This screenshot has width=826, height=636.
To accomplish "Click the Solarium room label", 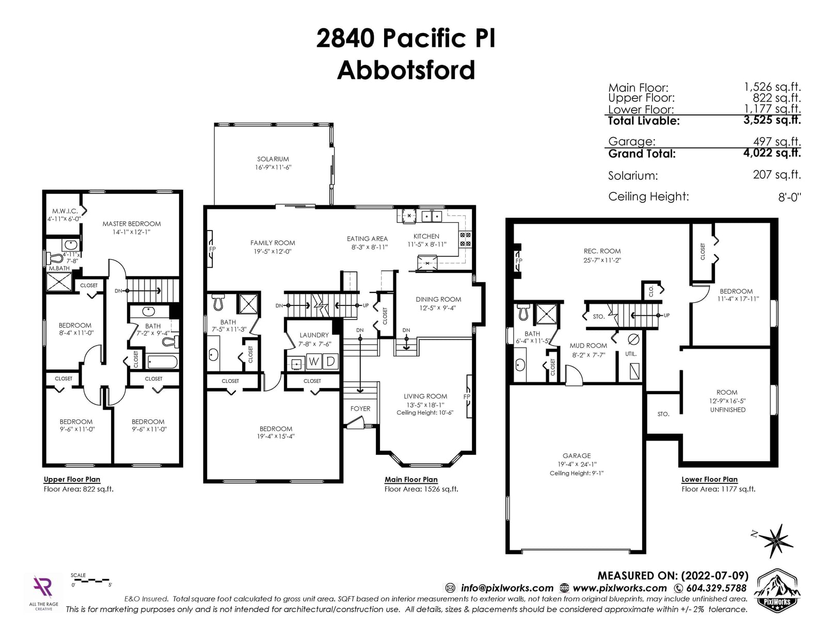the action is [273, 159].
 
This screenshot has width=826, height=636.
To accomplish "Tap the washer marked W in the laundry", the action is [314, 362].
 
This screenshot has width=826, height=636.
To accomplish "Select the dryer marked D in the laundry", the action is [331, 362].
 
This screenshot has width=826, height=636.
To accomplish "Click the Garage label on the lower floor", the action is [577, 455].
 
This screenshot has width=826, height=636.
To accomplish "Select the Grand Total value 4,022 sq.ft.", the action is [772, 153].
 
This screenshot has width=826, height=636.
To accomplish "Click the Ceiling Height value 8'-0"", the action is [789, 197].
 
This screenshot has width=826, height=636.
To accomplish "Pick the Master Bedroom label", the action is [132, 224].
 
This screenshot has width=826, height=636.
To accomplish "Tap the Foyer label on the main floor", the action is [360, 409].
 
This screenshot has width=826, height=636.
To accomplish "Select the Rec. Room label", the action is [602, 251].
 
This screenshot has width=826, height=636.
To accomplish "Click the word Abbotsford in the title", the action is [406, 70].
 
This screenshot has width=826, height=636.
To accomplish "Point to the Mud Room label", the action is [588, 346].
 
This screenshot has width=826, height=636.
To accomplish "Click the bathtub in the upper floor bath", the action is [162, 362].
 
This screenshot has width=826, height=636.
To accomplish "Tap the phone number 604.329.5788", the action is [716, 588].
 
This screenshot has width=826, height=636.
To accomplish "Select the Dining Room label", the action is [438, 299].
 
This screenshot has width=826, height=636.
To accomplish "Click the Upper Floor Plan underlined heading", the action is [72, 479].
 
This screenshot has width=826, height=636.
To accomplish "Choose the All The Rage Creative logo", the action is [43, 593].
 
